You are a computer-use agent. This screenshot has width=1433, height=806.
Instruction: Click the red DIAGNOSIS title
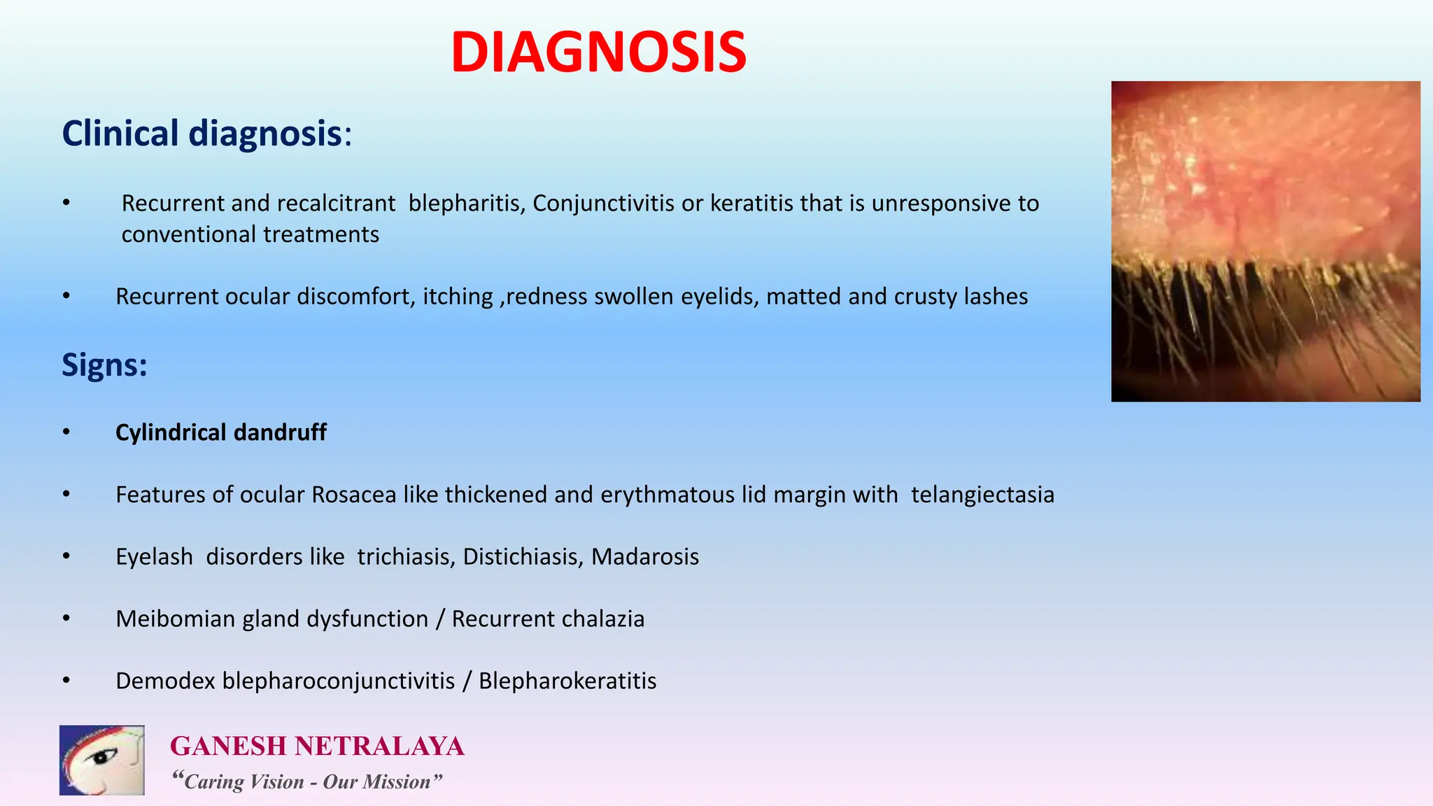(x=598, y=52)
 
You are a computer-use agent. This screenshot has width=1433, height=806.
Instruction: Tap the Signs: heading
(x=104, y=365)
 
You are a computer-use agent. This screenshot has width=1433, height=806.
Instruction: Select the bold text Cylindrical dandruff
(x=220, y=432)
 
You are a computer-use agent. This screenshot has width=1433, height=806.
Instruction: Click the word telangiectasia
(x=982, y=495)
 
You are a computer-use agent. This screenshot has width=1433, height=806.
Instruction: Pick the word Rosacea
(x=354, y=495)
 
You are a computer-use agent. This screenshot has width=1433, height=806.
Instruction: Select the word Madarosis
(x=645, y=557)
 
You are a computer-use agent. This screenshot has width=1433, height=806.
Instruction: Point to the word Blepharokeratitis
(x=567, y=681)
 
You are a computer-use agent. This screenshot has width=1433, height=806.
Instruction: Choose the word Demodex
(x=165, y=681)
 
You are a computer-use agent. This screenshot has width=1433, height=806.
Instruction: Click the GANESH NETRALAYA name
(x=317, y=746)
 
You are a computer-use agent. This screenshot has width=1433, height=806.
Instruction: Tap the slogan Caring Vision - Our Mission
(x=307, y=782)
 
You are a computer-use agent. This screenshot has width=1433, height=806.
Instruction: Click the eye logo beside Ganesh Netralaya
(x=102, y=760)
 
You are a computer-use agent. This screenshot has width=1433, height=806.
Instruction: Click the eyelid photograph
(x=1265, y=241)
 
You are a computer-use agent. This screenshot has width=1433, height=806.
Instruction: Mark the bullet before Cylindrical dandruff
(x=66, y=432)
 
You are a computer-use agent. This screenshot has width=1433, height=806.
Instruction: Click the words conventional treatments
(x=250, y=234)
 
